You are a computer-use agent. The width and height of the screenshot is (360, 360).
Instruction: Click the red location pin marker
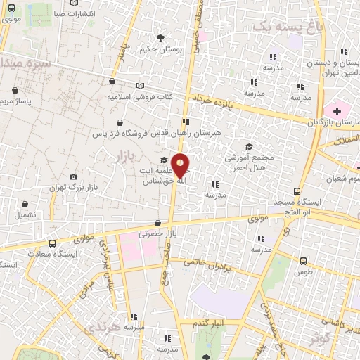tap(181, 166)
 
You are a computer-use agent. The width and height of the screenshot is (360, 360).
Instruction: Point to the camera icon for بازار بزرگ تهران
tap(74, 176)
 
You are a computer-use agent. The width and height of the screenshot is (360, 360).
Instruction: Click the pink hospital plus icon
tap(337, 111)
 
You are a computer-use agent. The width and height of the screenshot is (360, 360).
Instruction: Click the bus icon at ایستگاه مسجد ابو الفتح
tap(297, 191)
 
